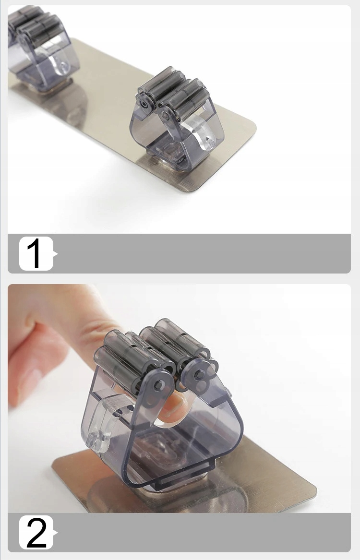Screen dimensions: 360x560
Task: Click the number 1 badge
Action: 36,253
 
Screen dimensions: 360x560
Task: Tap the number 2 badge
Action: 36,532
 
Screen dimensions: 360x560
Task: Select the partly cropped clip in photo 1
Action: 43,48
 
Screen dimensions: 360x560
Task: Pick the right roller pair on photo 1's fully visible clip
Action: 186,98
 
